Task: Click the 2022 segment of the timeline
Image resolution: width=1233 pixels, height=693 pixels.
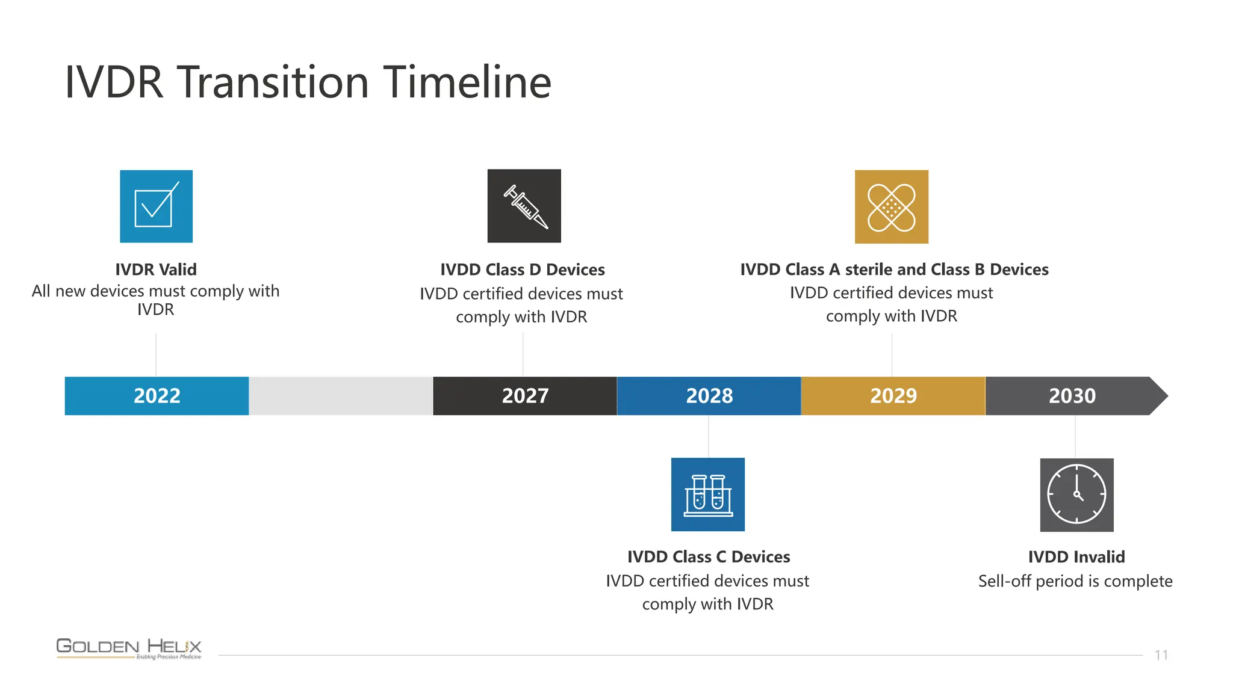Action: click(157, 396)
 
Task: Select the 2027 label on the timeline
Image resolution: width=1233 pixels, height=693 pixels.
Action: click(525, 396)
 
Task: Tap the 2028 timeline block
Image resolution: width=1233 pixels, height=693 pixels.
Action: click(709, 396)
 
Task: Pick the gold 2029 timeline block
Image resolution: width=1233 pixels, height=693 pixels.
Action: click(893, 396)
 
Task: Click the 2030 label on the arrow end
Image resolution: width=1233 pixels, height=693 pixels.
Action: click(1072, 396)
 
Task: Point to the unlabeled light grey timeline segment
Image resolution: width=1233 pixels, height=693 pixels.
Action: click(341, 396)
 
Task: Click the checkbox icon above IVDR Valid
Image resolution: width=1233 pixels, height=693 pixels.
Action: click(156, 206)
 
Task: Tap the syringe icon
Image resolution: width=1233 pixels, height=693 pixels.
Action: click(524, 206)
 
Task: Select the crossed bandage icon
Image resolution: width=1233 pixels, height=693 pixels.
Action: click(891, 207)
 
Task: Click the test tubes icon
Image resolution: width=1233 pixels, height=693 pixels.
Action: click(707, 494)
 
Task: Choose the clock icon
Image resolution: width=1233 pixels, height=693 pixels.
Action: click(1076, 494)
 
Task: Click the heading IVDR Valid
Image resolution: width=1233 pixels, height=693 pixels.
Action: click(156, 269)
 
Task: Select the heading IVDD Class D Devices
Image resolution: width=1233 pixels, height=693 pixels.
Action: click(522, 269)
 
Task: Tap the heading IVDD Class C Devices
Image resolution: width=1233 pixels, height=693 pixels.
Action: click(708, 557)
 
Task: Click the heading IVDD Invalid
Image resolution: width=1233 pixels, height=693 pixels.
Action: click(1076, 557)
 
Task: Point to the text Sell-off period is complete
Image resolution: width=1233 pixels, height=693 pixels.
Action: click(1075, 581)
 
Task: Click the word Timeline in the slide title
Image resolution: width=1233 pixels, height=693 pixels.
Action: click(467, 82)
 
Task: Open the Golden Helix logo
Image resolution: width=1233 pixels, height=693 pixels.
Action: click(129, 648)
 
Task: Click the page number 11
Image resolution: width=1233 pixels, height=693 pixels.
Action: click(1161, 655)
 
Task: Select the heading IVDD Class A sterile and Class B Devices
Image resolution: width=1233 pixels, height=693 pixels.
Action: click(894, 269)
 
